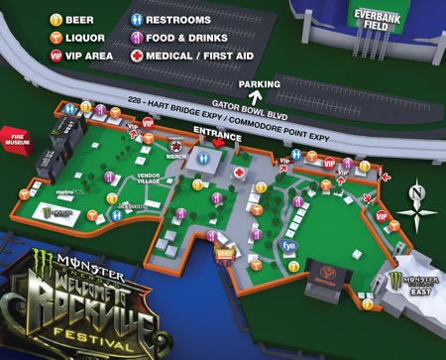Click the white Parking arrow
(x=255, y=96)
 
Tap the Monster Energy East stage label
(x=413, y=287)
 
